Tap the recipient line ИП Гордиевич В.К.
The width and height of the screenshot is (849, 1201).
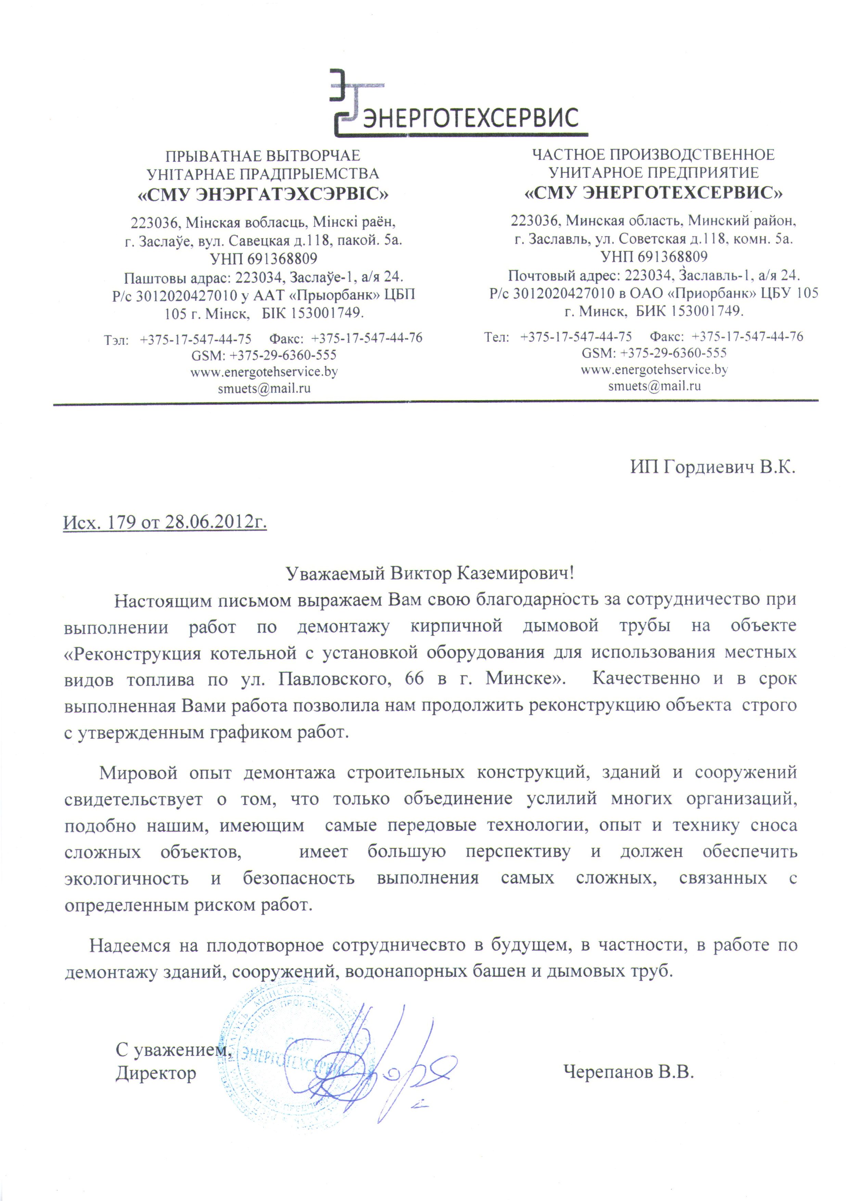tap(712, 467)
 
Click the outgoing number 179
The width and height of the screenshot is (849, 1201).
tap(121, 523)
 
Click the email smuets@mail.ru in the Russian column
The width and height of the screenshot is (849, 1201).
tap(654, 386)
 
